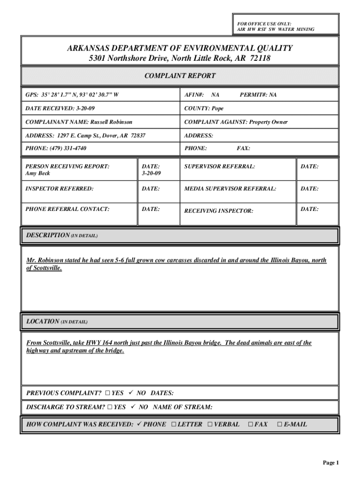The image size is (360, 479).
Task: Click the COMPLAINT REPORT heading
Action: pos(180,76)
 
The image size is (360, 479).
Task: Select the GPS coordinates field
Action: pos(72,95)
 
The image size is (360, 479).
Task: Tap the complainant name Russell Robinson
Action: pos(108,122)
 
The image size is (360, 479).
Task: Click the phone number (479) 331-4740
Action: pos(68,148)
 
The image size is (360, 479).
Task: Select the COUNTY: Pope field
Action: pos(204,109)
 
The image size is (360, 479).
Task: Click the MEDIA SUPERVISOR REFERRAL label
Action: pos(230,189)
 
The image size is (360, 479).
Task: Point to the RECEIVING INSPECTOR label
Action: pos(218,211)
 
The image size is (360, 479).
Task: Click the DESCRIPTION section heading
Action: pos(48,235)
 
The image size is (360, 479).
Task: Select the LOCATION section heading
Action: pos(43,322)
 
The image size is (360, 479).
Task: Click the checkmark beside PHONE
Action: pos(139,424)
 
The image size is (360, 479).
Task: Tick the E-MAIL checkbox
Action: pos(280,425)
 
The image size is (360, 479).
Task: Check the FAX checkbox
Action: pos(250,425)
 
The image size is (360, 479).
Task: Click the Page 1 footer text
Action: pos(330,463)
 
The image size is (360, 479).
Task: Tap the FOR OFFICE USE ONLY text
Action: pos(264,23)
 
